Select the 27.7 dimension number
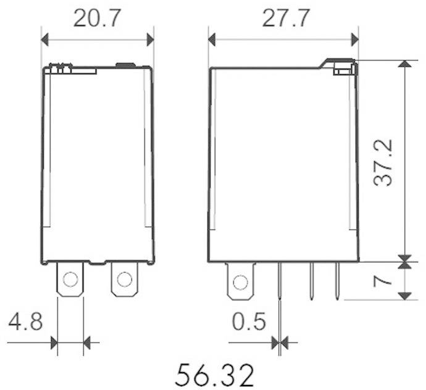click(283, 19)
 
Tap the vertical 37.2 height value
click(383, 162)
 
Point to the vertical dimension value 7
click(383, 280)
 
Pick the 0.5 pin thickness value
click(249, 322)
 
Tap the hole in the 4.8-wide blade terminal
click(70, 280)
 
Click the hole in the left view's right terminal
click(124, 280)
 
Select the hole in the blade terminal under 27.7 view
click(240, 281)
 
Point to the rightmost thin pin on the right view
click(337, 281)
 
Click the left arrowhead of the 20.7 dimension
click(45, 40)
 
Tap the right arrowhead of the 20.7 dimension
click(149, 40)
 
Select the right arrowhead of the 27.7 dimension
click(354, 40)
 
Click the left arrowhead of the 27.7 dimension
click(212, 40)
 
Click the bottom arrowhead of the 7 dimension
click(404, 295)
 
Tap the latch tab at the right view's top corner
click(340, 67)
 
